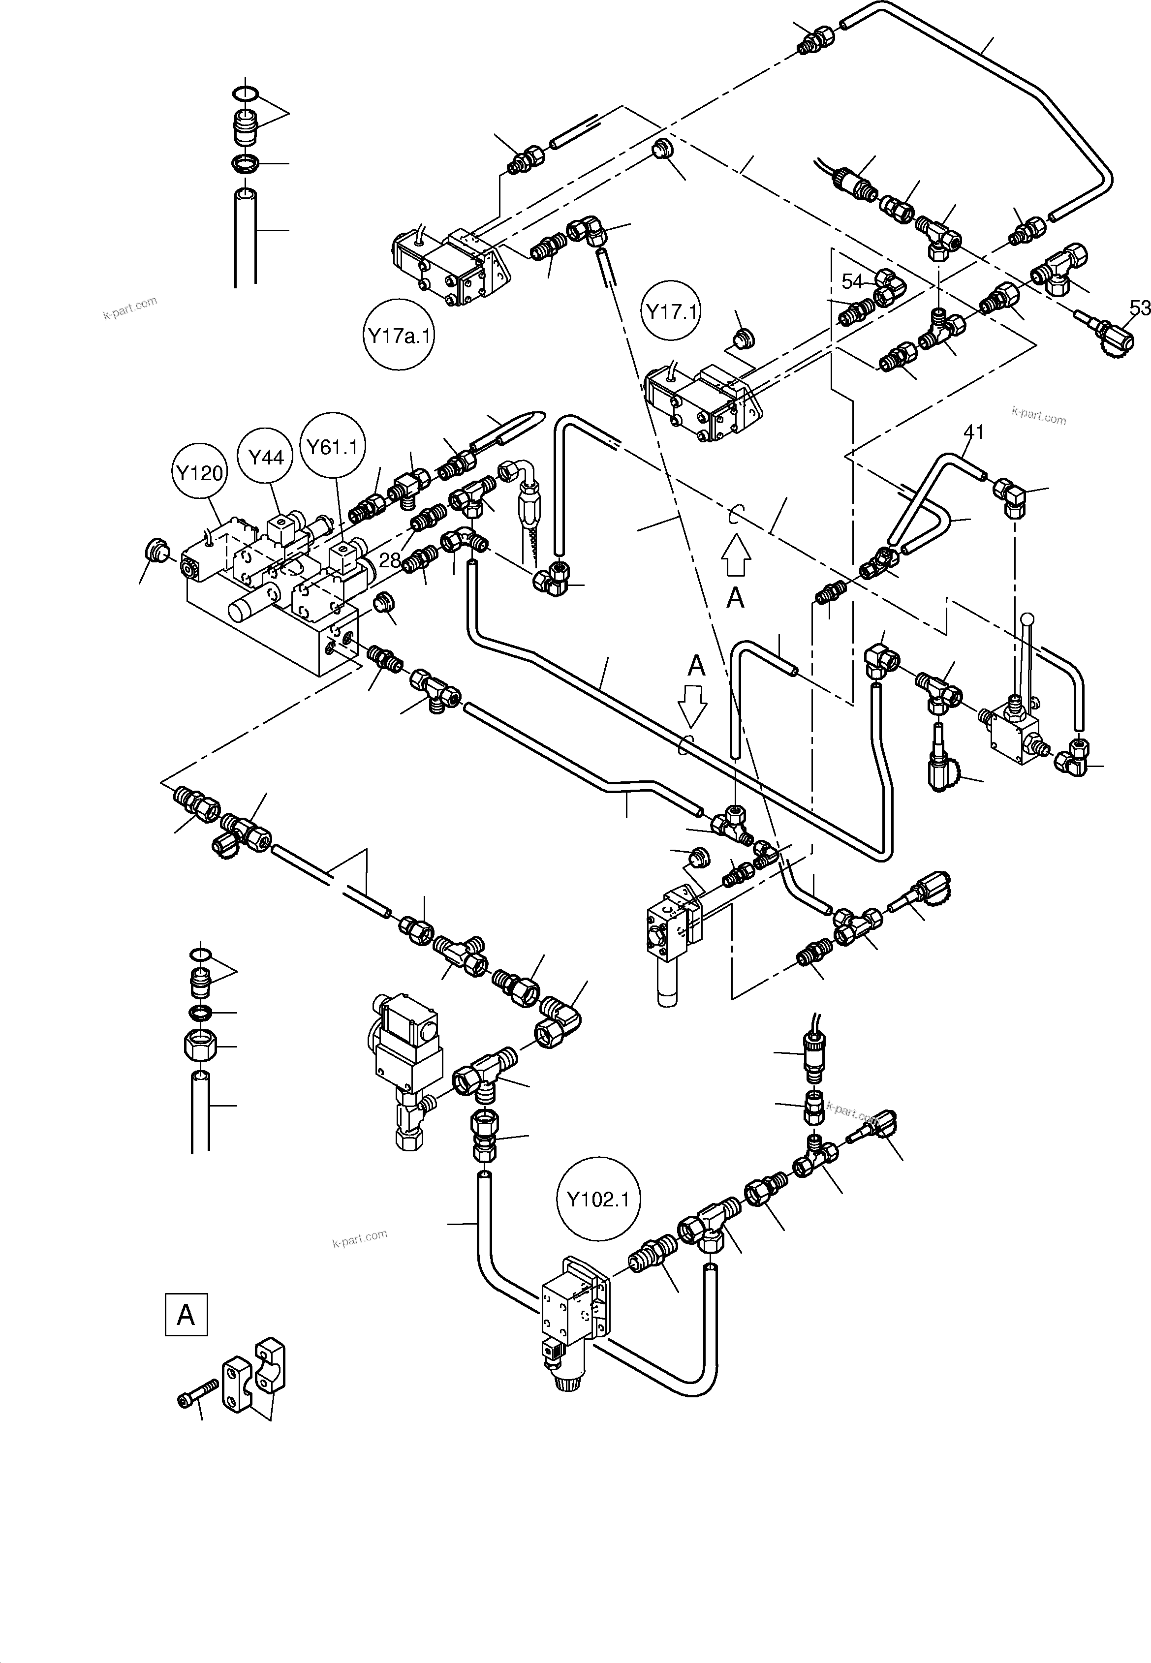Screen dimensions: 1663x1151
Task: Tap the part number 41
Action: point(973,432)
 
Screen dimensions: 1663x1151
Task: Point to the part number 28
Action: point(389,559)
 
